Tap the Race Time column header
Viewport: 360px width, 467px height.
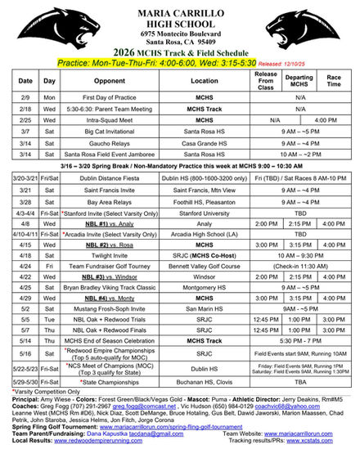pos(334,81)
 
